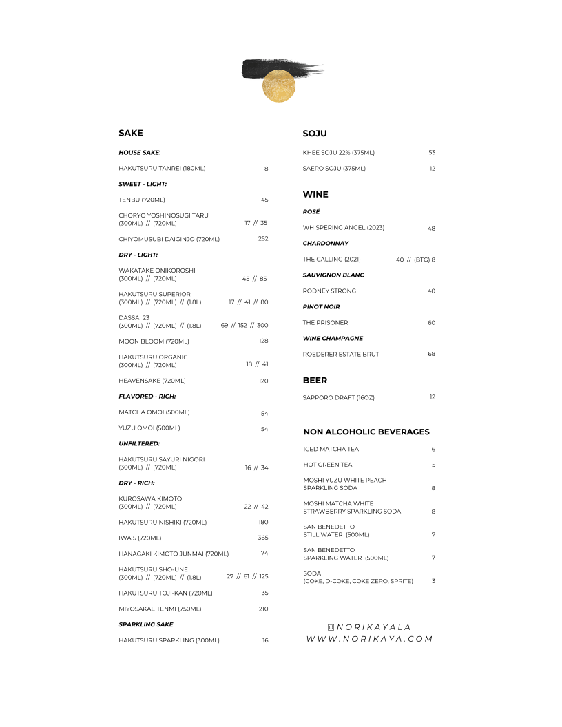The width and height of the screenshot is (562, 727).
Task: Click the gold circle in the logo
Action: click(279, 86)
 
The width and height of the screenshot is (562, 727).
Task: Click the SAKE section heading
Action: click(131, 133)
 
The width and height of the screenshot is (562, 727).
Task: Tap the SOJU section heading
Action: click(315, 133)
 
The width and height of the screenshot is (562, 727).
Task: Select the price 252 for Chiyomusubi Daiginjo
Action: click(263, 239)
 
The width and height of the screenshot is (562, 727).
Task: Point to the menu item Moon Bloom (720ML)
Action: click(154, 341)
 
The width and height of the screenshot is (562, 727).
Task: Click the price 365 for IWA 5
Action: click(263, 538)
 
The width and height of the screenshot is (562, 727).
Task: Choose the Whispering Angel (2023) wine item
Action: click(344, 228)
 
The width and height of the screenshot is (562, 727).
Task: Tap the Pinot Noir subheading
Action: click(322, 307)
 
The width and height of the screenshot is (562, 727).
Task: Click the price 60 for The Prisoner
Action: click(431, 323)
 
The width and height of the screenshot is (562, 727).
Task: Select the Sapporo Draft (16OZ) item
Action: click(339, 397)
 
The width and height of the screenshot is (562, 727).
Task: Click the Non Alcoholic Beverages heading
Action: click(366, 432)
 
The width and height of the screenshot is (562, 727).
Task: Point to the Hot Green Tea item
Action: click(328, 465)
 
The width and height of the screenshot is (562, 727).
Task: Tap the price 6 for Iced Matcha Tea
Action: click(433, 450)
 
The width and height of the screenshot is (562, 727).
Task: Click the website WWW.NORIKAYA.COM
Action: click(370, 639)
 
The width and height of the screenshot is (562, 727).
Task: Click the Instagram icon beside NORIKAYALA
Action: click(331, 627)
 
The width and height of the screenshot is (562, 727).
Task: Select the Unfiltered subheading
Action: click(139, 444)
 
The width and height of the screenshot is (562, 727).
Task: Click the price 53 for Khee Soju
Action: click(432, 153)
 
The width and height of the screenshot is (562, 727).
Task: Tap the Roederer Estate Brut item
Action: click(341, 355)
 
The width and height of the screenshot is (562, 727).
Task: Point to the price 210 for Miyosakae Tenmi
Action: click(263, 609)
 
